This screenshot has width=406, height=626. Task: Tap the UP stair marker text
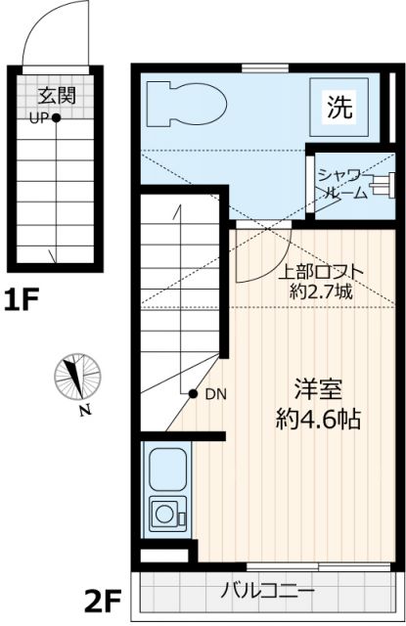(x=39, y=119)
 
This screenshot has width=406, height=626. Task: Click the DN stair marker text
(x=215, y=394)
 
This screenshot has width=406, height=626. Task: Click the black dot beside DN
(x=194, y=393)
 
